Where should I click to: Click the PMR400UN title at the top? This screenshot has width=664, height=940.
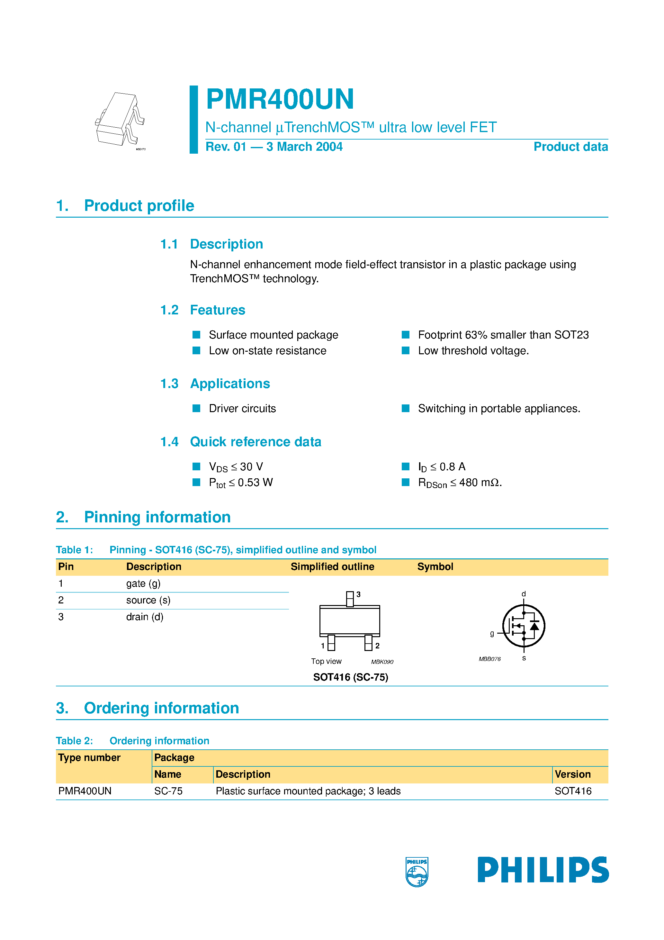tap(280, 99)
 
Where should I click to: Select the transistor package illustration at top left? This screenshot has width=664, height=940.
tap(120, 120)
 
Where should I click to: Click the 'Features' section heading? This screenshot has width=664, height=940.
tap(217, 310)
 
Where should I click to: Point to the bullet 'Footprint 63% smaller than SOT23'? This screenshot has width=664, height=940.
tap(503, 335)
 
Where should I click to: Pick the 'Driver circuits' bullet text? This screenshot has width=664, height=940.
tap(242, 409)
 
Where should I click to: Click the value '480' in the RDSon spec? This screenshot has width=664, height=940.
tap(468, 483)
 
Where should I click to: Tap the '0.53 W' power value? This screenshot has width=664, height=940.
tap(255, 483)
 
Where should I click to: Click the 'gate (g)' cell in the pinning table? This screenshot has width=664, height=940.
tap(143, 583)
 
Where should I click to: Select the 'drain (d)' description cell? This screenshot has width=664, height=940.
tap(145, 617)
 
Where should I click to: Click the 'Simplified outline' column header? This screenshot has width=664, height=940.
tap(332, 567)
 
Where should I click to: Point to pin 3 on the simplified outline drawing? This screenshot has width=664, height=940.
tap(350, 599)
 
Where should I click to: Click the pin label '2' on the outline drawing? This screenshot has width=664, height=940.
tap(377, 646)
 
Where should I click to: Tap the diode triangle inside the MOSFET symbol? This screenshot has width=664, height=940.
tap(534, 626)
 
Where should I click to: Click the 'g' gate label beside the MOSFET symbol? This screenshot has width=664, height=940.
tap(492, 633)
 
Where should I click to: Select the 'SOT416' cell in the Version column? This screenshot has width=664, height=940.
tap(573, 791)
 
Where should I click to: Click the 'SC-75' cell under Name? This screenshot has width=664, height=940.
tap(168, 791)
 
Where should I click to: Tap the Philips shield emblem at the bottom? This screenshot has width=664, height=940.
tap(417, 872)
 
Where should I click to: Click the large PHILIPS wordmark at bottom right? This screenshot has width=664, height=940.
tap(543, 870)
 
